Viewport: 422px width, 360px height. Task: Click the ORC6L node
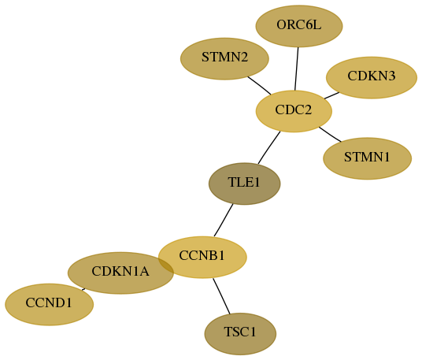299,26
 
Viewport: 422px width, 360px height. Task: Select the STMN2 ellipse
224,59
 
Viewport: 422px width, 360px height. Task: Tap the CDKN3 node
372,77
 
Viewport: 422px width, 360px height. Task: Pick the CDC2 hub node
294,111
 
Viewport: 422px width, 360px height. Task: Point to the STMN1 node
368,158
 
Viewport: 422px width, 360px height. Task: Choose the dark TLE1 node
245,184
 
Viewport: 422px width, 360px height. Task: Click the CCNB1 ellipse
202,257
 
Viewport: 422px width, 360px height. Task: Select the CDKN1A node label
120,272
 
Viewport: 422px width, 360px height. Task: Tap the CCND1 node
50,305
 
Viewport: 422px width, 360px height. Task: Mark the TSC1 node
240,334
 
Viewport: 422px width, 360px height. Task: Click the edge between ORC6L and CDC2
297,69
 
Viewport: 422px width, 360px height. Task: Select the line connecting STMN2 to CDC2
259,86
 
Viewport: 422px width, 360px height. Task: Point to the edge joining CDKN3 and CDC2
331,95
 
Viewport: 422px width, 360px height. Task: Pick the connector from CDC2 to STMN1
330,134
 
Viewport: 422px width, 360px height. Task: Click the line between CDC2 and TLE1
269,147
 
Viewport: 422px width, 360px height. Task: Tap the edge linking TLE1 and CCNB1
224,221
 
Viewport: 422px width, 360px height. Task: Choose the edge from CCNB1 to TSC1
221,296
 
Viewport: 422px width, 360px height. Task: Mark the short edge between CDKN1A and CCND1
83,289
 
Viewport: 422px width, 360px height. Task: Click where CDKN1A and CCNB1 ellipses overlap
166,265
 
